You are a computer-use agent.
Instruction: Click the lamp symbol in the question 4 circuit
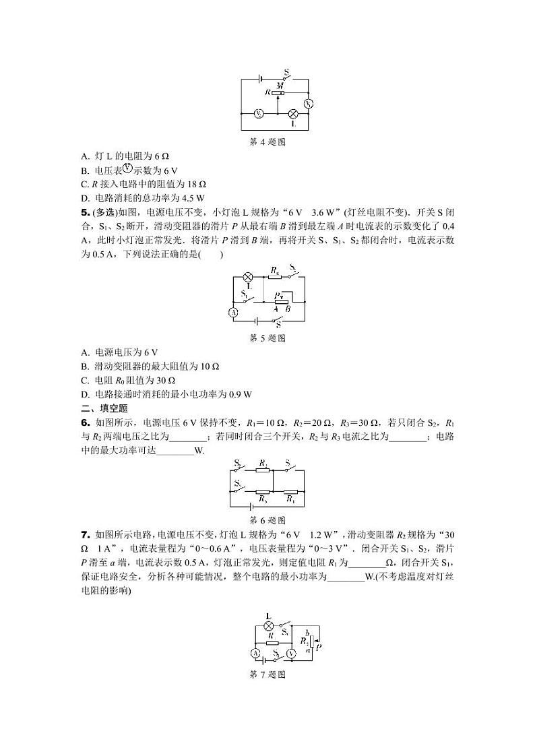(294, 115)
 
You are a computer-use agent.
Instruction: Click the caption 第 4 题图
(268, 141)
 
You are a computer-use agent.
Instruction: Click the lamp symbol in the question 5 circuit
(247, 277)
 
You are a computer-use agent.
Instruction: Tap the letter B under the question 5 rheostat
(288, 309)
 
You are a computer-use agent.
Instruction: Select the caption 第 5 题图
(268, 338)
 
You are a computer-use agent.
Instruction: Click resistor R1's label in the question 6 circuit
(290, 499)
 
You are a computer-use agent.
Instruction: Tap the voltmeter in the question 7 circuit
(290, 654)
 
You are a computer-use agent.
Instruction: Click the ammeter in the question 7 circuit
(255, 654)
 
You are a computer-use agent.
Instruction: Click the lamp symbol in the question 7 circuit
(268, 626)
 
